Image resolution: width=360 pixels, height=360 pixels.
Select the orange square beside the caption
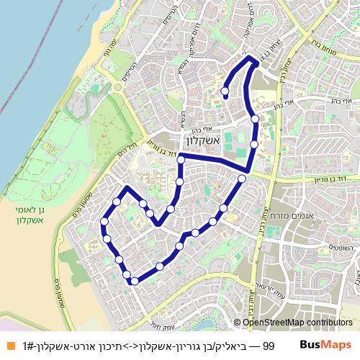[9, 346]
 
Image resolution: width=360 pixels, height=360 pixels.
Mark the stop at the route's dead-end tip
[225, 91]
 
